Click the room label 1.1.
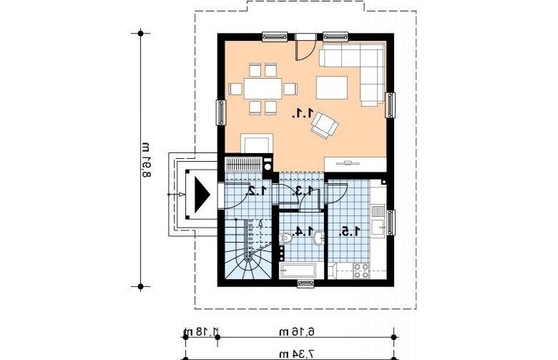pos(303,114)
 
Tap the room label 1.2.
pos(257,191)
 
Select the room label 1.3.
pos(303,191)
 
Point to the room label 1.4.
pos(303,231)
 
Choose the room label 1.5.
pos(349,232)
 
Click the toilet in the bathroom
pos(285,238)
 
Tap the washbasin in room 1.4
pos(319,238)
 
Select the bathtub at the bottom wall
pos(298,271)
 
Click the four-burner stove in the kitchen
pos(361,271)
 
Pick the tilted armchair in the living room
pos(324,125)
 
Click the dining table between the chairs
pos(263,89)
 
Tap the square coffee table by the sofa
pos(332,87)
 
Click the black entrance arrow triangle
pos(202,195)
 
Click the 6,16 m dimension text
pos(297,332)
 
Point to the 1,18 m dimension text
pos(200,332)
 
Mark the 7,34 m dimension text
pos(297,354)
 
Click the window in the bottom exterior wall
pos(306,283)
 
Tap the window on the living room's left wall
pos(220,112)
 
